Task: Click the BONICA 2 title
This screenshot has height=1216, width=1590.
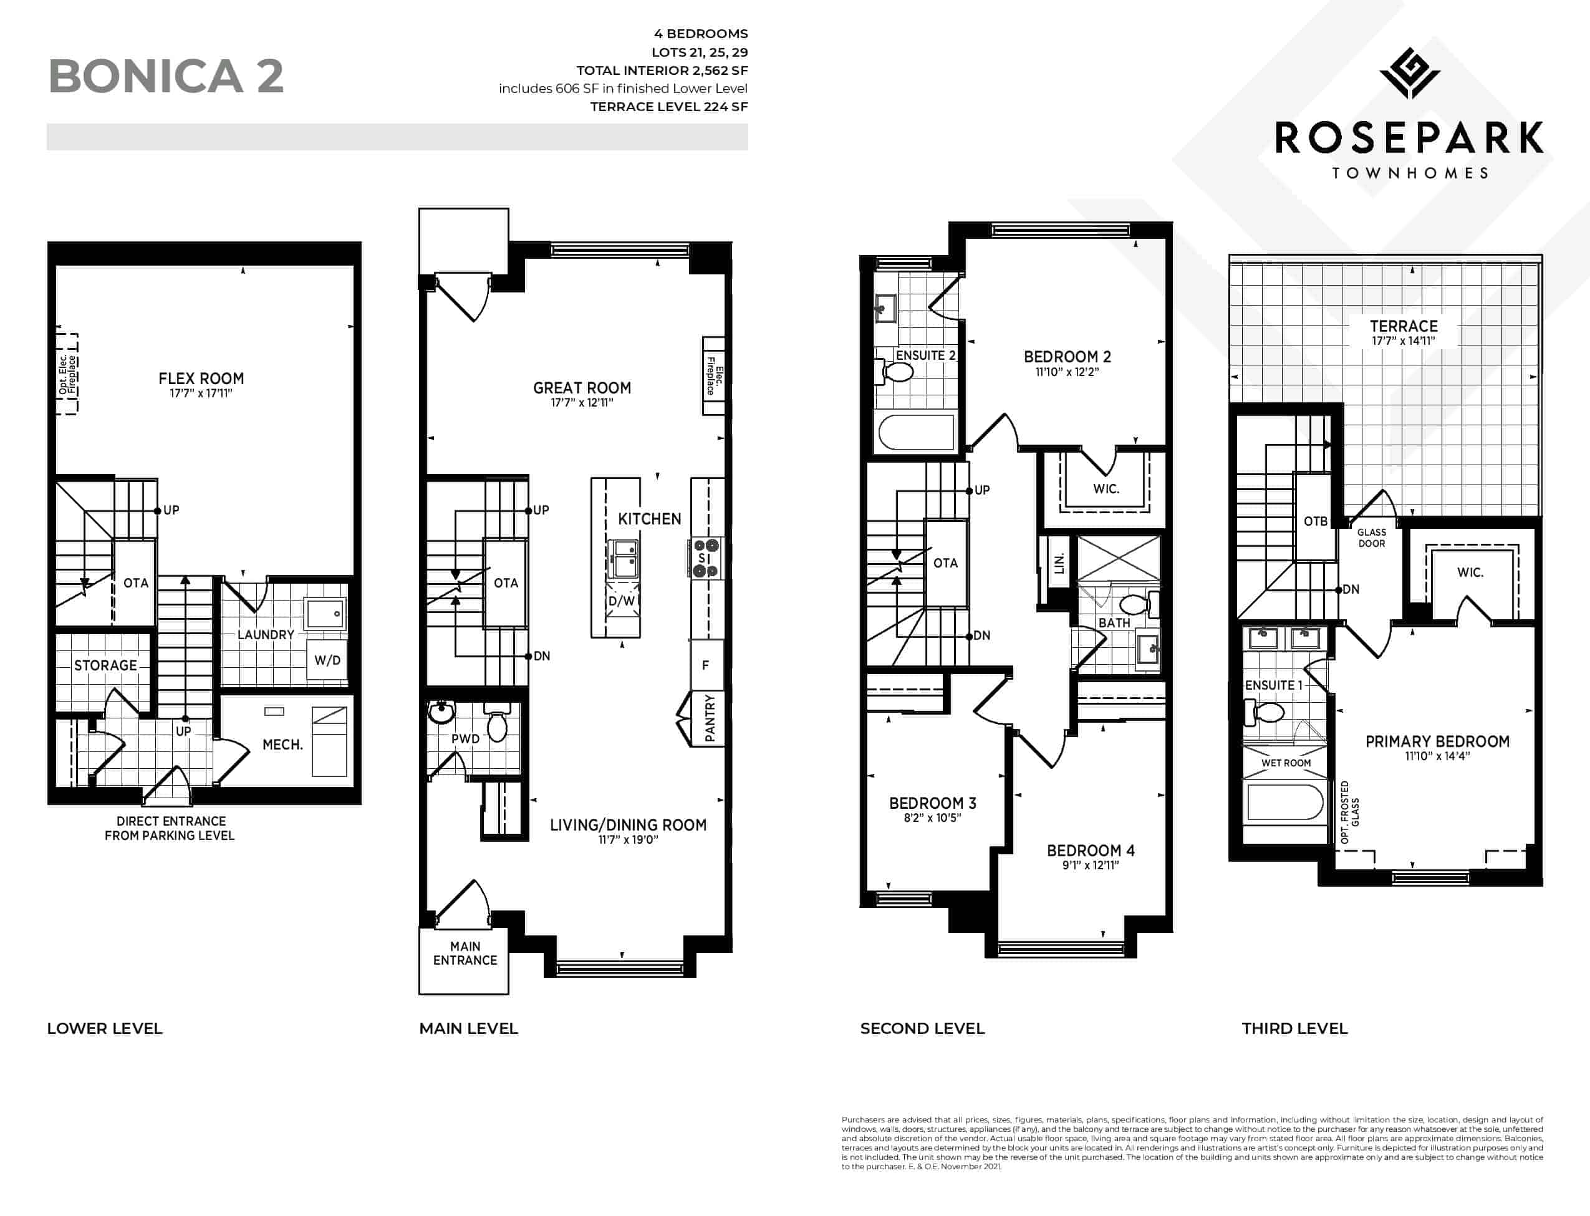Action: coord(166,76)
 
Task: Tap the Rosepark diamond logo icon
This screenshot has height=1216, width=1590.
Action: coord(1409,73)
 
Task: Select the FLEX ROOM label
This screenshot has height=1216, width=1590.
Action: coord(201,379)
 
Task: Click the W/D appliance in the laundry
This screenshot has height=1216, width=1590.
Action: coord(327,659)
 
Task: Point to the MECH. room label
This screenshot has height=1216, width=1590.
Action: coord(282,744)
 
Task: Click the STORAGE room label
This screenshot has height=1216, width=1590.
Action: coord(105,665)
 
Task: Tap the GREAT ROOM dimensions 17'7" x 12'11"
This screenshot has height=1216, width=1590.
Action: coord(582,402)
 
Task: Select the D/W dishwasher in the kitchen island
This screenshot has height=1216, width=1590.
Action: coord(621,601)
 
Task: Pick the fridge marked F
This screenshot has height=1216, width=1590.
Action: coord(706,665)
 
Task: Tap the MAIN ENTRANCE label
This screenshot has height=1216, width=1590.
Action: coord(465,953)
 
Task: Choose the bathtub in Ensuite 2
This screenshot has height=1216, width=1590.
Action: coord(916,432)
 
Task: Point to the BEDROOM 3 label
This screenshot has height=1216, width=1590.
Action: coord(932,803)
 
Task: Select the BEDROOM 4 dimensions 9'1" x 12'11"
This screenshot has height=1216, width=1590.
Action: coord(1091,865)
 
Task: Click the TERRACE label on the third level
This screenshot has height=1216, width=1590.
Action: coord(1404,326)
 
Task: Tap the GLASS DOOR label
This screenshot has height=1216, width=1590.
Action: coord(1371,538)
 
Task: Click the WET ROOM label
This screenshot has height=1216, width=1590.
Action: coord(1286,763)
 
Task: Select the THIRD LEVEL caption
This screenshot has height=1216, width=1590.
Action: coord(1294,1028)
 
